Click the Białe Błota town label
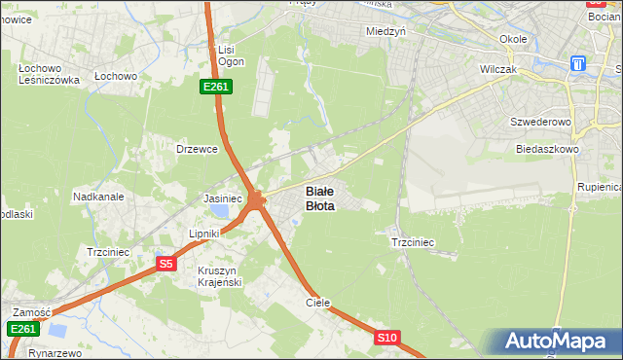click(320, 198)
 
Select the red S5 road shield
click(165, 264)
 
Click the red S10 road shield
click(386, 338)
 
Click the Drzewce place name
click(195, 149)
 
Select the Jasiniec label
click(222, 198)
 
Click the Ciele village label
click(318, 303)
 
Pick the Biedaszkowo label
click(547, 150)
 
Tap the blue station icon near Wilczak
click(578, 64)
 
